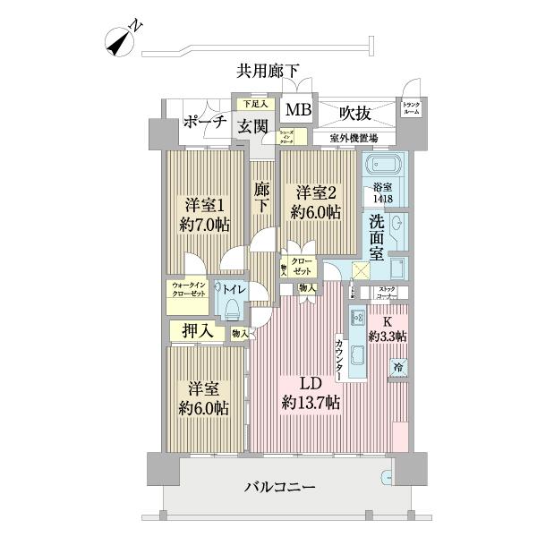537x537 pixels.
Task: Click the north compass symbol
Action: (121, 39)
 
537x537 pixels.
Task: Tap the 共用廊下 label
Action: (268, 70)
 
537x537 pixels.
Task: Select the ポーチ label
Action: (204, 123)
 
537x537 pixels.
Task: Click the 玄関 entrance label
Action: (251, 127)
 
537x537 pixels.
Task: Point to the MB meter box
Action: (294, 112)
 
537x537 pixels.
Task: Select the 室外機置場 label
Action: (353, 138)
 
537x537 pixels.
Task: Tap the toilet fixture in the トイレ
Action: (233, 307)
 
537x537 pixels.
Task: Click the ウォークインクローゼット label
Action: (188, 289)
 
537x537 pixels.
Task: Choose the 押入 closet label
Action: (198, 331)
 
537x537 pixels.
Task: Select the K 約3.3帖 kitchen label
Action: (389, 329)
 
